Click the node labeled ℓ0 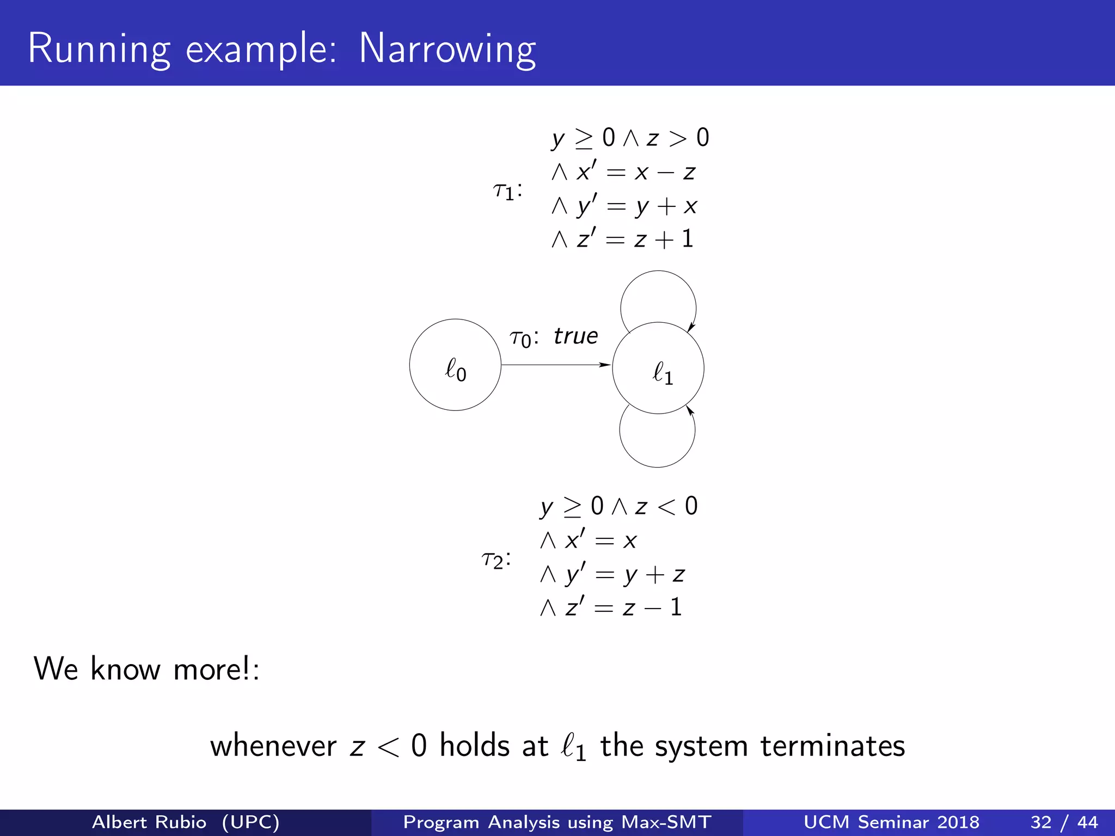(x=455, y=365)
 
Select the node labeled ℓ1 (x=658, y=368)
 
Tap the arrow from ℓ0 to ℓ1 (x=555, y=365)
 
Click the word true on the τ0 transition (x=575, y=336)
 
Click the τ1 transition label (x=507, y=190)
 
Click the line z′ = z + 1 (x=623, y=239)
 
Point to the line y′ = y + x (x=624, y=206)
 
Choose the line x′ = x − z (x=623, y=172)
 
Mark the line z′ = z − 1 (x=611, y=607)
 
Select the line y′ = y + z (x=612, y=574)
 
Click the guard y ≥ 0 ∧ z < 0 (x=619, y=507)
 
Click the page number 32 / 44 (x=1064, y=822)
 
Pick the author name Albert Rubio (x=149, y=822)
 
